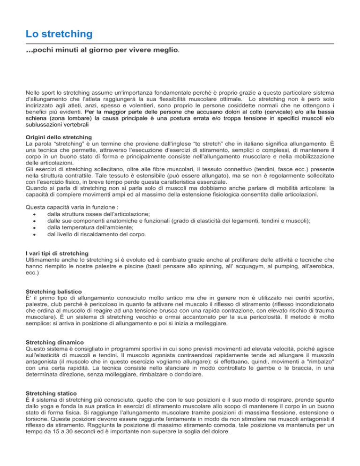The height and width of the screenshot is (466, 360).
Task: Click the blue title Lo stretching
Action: pos(59,34)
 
